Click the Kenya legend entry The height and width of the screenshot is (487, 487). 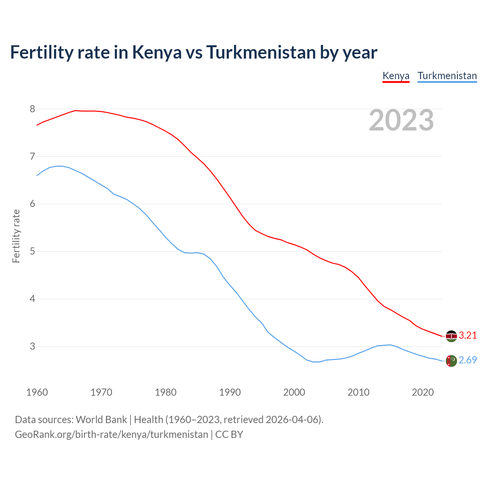click(x=396, y=76)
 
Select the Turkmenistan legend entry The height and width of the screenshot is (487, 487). click(x=447, y=76)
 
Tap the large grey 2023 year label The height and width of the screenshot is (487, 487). click(x=401, y=120)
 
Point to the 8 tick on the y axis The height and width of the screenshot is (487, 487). click(x=32, y=109)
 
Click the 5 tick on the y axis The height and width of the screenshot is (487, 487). click(x=32, y=251)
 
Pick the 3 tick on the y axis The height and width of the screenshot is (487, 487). click(x=32, y=347)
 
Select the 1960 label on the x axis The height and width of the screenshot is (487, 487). click(x=37, y=392)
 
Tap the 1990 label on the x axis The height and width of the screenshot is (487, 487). click(x=230, y=392)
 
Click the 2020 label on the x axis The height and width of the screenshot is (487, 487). click(x=423, y=392)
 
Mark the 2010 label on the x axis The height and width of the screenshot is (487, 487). click(x=358, y=392)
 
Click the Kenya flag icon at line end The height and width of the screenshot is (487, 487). click(x=451, y=336)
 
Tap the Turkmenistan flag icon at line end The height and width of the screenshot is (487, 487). click(x=451, y=361)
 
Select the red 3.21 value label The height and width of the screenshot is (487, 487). click(x=468, y=335)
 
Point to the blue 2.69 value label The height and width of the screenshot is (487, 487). click(x=468, y=360)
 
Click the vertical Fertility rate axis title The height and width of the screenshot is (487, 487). click(x=16, y=236)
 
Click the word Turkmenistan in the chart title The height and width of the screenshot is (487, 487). click(x=261, y=52)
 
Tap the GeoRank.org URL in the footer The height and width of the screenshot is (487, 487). click(x=111, y=434)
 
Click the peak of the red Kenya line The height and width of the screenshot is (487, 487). click(x=75, y=110)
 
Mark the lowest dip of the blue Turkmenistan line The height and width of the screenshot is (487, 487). click(x=317, y=362)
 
